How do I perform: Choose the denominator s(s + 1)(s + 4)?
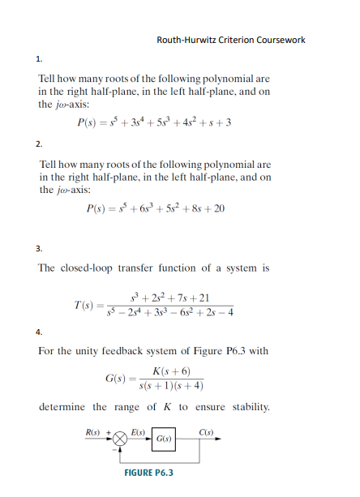(171, 385)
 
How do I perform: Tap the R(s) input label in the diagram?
(94, 431)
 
